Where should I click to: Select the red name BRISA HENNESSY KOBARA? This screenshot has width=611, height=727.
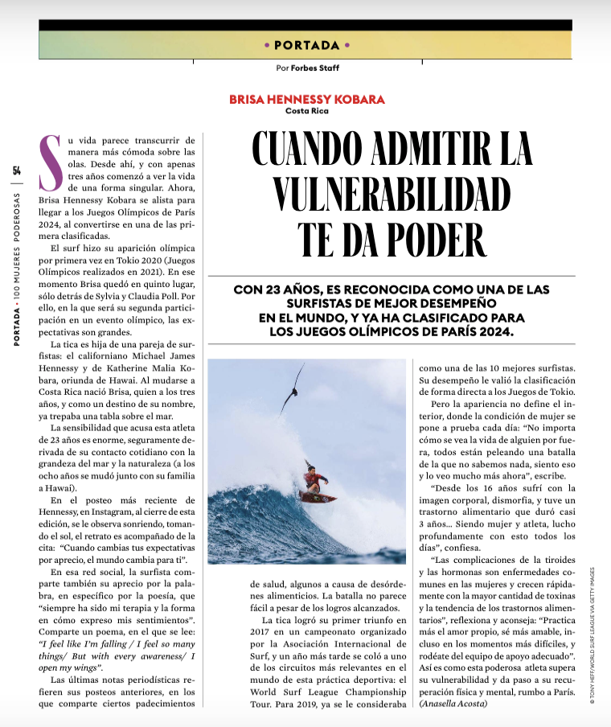(x=307, y=100)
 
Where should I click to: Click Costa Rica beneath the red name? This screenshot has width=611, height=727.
(x=306, y=111)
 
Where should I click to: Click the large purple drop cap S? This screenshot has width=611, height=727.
(x=50, y=156)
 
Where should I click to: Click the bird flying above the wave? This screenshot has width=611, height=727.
(x=294, y=388)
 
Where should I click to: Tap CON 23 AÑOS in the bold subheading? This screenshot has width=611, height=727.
(x=269, y=290)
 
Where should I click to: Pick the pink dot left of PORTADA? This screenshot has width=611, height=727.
(x=266, y=45)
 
